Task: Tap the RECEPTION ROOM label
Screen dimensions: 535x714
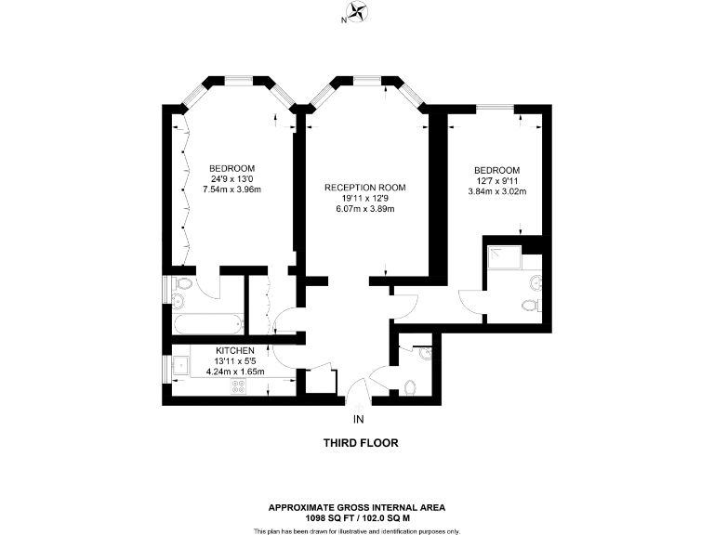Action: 365,188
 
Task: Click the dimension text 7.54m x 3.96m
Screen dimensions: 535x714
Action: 232,190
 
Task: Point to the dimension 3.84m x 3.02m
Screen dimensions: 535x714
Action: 496,192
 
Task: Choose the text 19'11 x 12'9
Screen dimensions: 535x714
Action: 365,198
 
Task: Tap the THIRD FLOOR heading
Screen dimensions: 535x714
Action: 360,443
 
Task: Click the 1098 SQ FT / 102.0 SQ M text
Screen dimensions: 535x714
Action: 357,518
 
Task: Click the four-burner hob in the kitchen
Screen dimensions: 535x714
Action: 237,389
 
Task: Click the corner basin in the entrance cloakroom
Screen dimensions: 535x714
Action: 424,353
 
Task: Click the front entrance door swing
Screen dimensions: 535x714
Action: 357,395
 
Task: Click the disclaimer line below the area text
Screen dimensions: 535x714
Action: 357,530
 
